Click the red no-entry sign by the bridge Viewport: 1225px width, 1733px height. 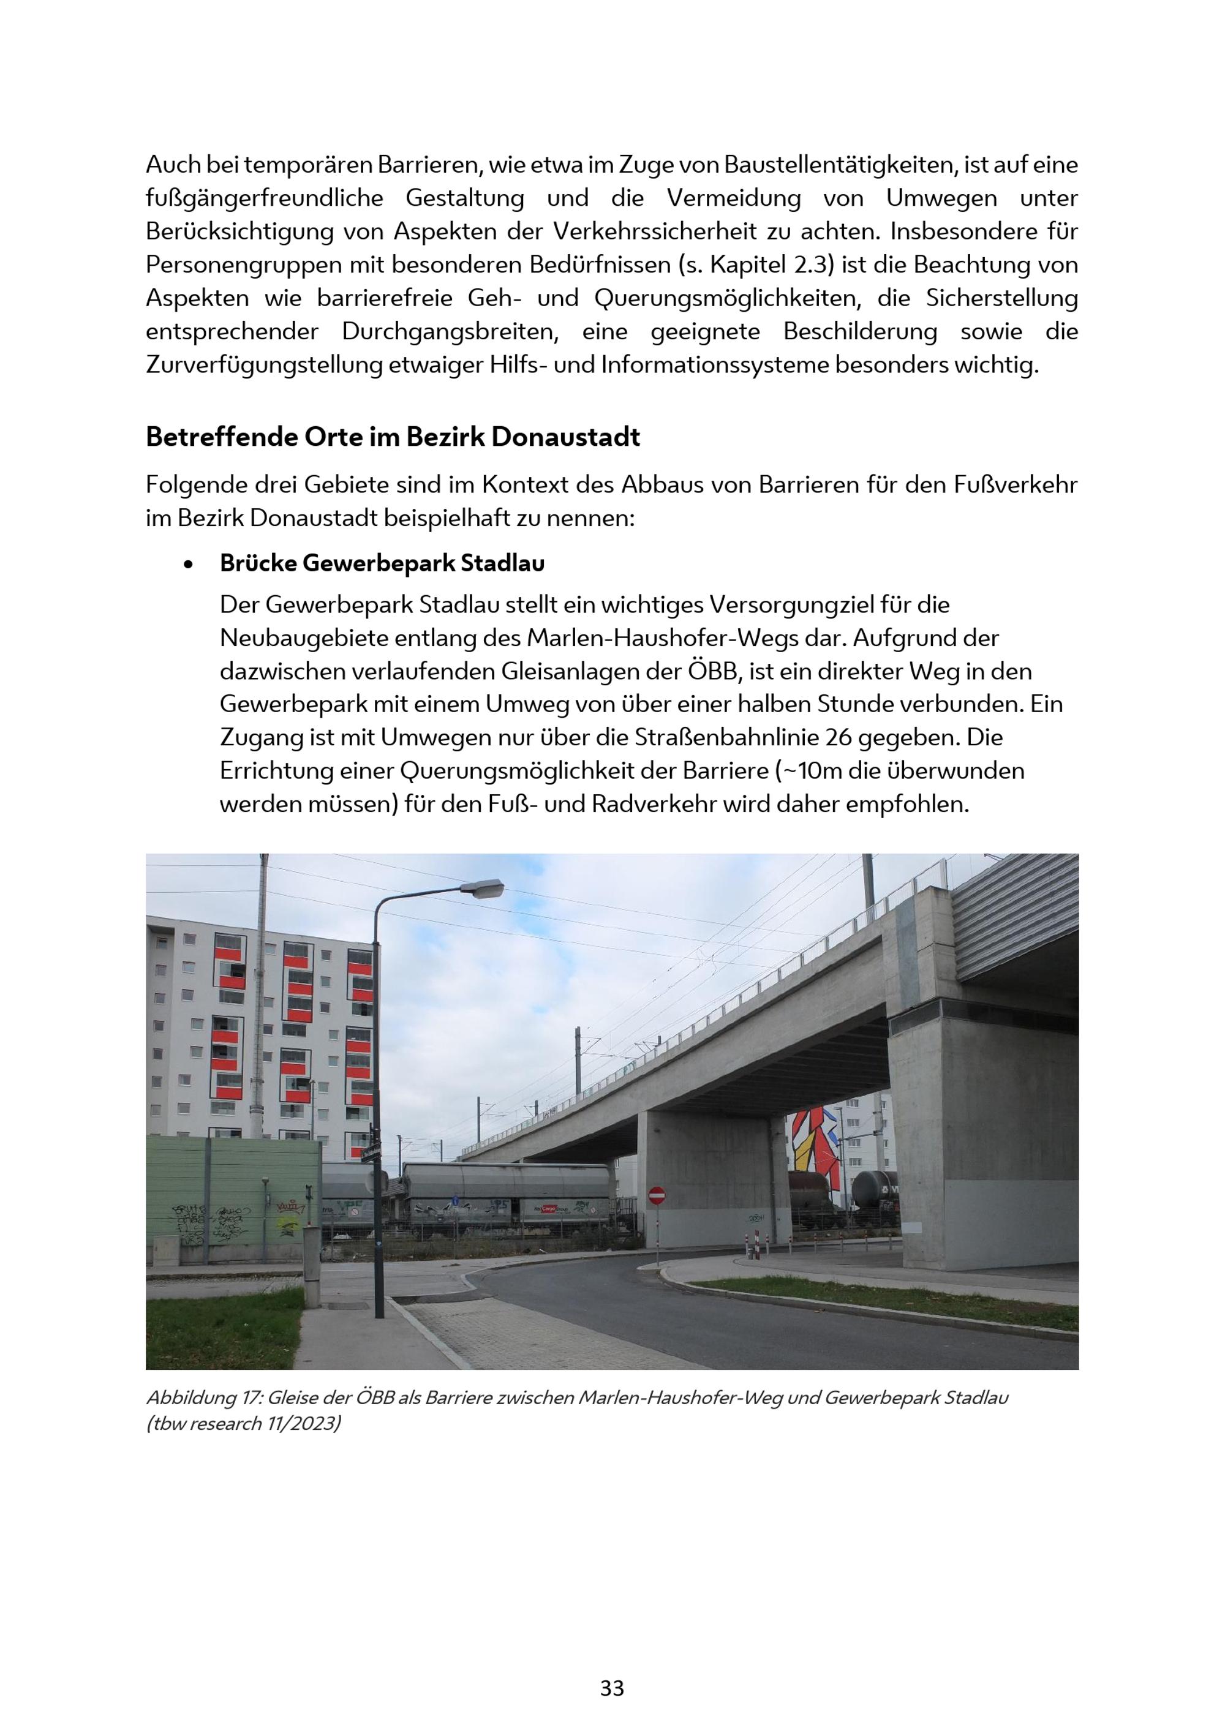click(657, 1195)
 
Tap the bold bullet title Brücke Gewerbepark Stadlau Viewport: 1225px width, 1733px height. click(382, 563)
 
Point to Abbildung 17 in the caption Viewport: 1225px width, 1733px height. click(202, 1397)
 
